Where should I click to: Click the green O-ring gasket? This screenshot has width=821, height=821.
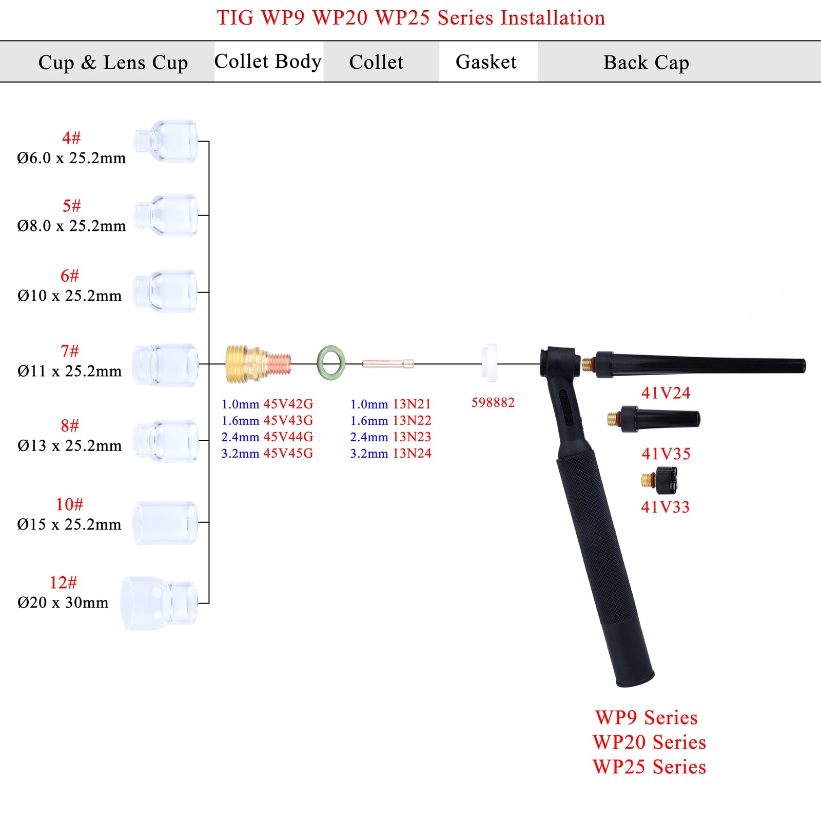pos(331,363)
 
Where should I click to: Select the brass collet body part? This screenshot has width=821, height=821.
pos(258,364)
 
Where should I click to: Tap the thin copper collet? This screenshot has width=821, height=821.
pos(388,364)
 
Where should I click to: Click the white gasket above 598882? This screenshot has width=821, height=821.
pos(491,363)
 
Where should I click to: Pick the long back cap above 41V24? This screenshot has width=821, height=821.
pos(698,365)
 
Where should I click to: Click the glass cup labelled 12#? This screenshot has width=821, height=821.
pos(160,602)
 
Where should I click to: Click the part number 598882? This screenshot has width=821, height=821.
pos(493,402)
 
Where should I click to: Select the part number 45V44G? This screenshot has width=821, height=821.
pos(288,437)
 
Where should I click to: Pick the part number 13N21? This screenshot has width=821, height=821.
pos(412,404)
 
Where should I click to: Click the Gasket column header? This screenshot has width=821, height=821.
pos(486,62)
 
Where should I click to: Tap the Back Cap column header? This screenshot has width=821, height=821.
pos(646,63)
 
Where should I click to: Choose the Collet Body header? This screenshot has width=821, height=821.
pos(268,62)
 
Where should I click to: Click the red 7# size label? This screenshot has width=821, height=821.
pos(70,351)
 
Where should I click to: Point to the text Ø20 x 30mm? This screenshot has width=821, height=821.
pos(63,602)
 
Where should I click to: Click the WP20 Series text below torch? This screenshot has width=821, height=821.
pos(649,742)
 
